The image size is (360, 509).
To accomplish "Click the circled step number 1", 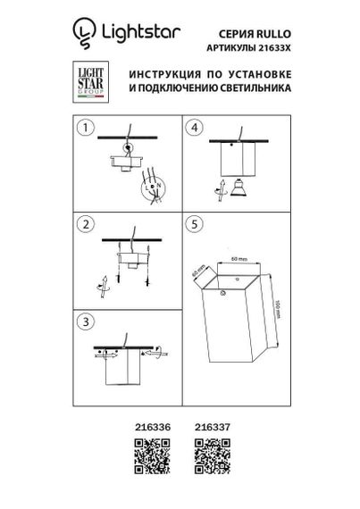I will tap(86, 129).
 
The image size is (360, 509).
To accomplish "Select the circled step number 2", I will tap(86, 223).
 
